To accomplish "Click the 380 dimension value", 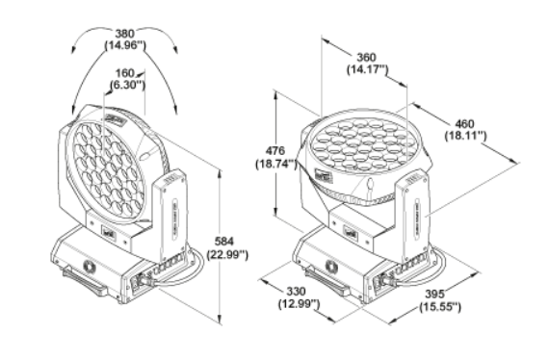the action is point(125,34).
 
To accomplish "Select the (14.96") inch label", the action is point(125,45).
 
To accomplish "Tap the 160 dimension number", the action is point(125,73).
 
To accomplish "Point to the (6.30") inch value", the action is point(127,85).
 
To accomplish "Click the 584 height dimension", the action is point(224,241).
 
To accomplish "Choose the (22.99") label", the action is point(227,254).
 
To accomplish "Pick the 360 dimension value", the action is point(366,57).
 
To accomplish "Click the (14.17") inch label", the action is point(368,69).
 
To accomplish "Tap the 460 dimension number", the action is point(464,123).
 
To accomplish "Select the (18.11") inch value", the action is point(465,136).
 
